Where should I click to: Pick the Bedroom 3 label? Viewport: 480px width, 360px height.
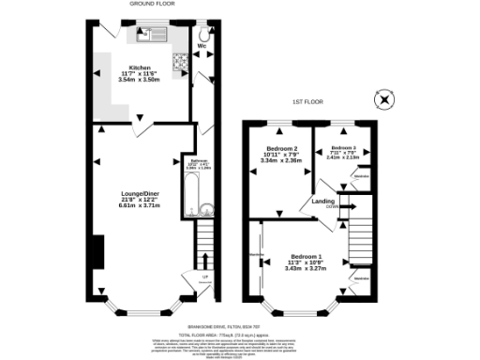(x=348, y=148)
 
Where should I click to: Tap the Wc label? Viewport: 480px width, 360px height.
(x=202, y=44)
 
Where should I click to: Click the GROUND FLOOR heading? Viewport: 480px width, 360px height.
(x=146, y=5)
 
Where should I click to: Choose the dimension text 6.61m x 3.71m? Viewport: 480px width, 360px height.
(x=139, y=204)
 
